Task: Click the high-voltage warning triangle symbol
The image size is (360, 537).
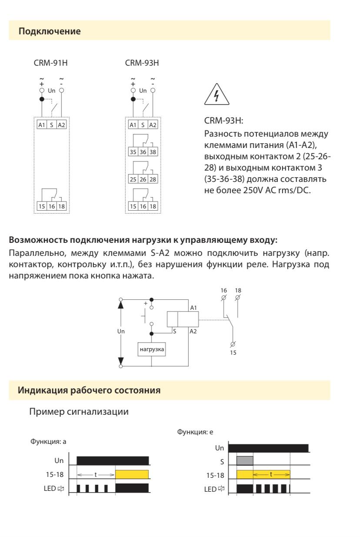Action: click(217, 94)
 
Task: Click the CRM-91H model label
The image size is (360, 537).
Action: click(50, 63)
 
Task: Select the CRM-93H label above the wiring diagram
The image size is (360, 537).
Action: click(142, 63)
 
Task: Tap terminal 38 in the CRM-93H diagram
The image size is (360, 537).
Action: click(153, 152)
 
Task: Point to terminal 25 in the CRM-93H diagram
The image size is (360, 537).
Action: click(133, 179)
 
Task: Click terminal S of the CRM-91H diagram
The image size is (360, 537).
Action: click(51, 125)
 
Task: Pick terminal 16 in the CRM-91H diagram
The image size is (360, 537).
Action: click(52, 206)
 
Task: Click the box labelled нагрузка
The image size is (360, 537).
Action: click(152, 349)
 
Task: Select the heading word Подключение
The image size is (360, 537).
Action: click(50, 31)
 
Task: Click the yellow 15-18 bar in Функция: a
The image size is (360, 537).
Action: click(132, 474)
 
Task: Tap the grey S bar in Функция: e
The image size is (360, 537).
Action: click(245, 460)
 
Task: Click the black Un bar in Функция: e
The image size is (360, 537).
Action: click(268, 448)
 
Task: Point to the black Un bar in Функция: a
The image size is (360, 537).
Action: click(113, 460)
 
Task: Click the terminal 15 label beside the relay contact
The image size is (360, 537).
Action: click(233, 352)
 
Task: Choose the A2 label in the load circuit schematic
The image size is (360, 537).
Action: click(193, 331)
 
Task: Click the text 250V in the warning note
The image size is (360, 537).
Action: click(253, 190)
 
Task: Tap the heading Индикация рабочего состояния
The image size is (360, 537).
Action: click(89, 390)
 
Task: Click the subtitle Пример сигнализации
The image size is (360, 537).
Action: click(79, 412)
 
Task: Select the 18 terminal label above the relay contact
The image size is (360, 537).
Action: click(238, 290)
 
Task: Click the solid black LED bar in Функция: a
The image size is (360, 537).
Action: click(132, 488)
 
